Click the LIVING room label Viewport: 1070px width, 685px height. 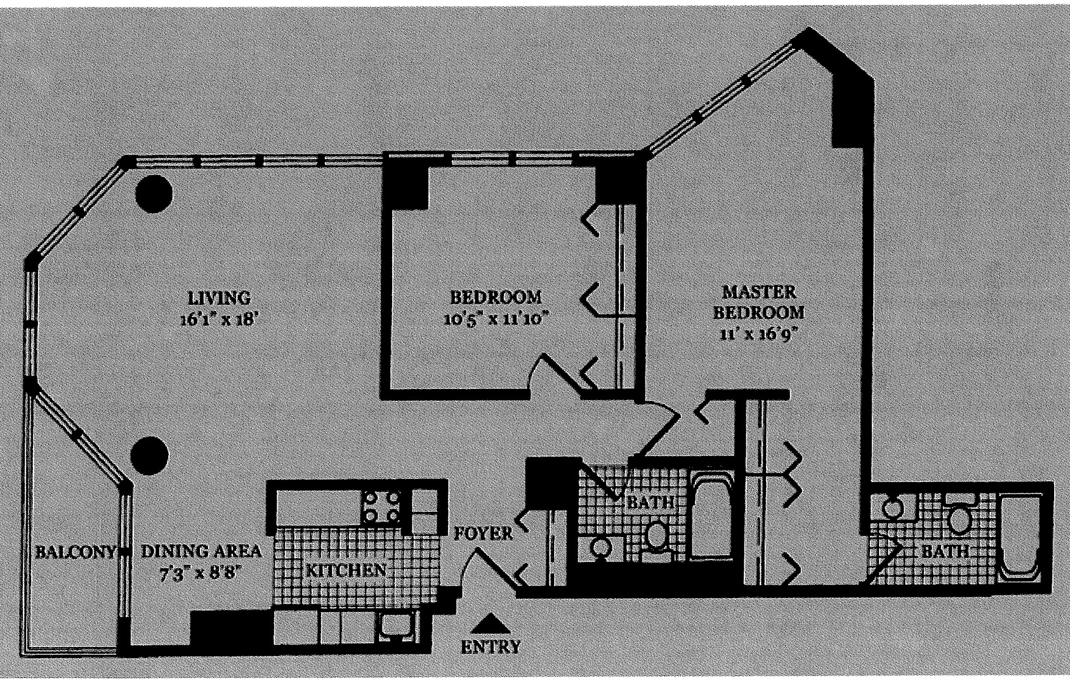tap(220, 297)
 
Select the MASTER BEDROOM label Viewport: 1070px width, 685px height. tap(759, 302)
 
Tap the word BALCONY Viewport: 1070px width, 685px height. tap(74, 551)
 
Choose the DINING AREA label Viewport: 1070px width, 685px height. tap(201, 551)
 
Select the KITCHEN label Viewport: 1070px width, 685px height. tap(346, 570)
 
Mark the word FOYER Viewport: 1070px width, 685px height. tap(483, 533)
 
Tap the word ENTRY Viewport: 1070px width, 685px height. tap(490, 647)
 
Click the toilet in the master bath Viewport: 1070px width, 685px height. tap(960, 520)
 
